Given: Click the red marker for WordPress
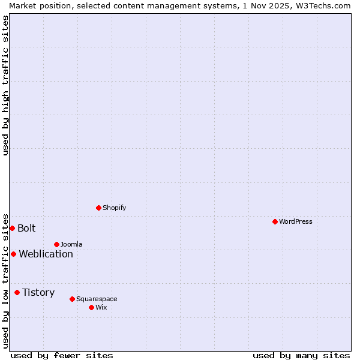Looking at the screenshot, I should click(x=275, y=221).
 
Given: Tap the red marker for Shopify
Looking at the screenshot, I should click(x=98, y=208).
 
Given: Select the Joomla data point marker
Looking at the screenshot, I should click(x=56, y=244).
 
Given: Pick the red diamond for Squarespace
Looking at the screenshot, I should click(x=72, y=299).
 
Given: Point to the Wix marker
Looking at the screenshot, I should click(x=91, y=307).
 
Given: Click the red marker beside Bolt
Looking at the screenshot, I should click(x=12, y=228).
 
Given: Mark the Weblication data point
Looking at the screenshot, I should click(x=13, y=254).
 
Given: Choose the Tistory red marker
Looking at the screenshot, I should click(x=17, y=292).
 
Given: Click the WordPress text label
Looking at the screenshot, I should click(x=296, y=221).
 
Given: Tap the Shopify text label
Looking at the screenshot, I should click(x=114, y=208).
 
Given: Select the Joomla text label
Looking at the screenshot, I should click(x=71, y=244).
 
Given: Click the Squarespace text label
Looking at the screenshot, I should click(x=97, y=299).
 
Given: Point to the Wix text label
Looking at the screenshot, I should click(x=101, y=307).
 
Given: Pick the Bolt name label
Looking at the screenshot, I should click(x=26, y=228).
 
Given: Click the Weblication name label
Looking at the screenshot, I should click(x=46, y=254).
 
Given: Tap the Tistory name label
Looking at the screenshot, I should click(x=38, y=292).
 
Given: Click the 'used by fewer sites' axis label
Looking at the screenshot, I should click(x=62, y=355).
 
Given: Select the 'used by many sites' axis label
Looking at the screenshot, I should click(x=301, y=355).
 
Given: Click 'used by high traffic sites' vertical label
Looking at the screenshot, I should click(x=5, y=85).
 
